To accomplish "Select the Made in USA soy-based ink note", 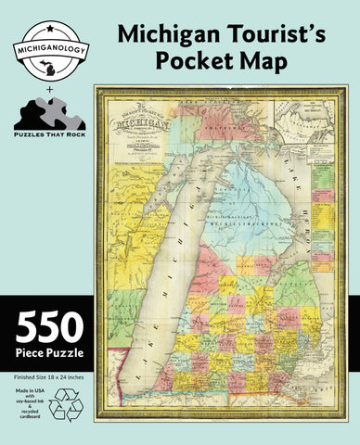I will click(x=27, y=405).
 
